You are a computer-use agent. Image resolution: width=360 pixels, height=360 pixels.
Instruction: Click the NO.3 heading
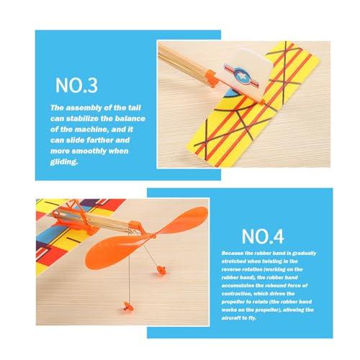coord(76,85)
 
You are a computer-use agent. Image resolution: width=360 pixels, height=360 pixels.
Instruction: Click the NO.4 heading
coord(263,236)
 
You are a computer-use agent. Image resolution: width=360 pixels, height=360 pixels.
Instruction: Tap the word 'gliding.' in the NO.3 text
coord(64,162)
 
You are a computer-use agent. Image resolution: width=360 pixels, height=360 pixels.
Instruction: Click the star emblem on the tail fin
coord(241,76)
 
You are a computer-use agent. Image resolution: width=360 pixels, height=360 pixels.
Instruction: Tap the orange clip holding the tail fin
coord(211,78)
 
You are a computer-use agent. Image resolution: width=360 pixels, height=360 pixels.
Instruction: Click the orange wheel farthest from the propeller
coord(127,307)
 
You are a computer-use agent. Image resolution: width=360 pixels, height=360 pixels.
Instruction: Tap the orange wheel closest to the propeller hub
coord(161,270)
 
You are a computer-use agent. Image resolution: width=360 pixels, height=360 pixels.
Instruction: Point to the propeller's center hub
coord(153,236)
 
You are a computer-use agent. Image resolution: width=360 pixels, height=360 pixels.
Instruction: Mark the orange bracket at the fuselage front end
coord(135,227)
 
